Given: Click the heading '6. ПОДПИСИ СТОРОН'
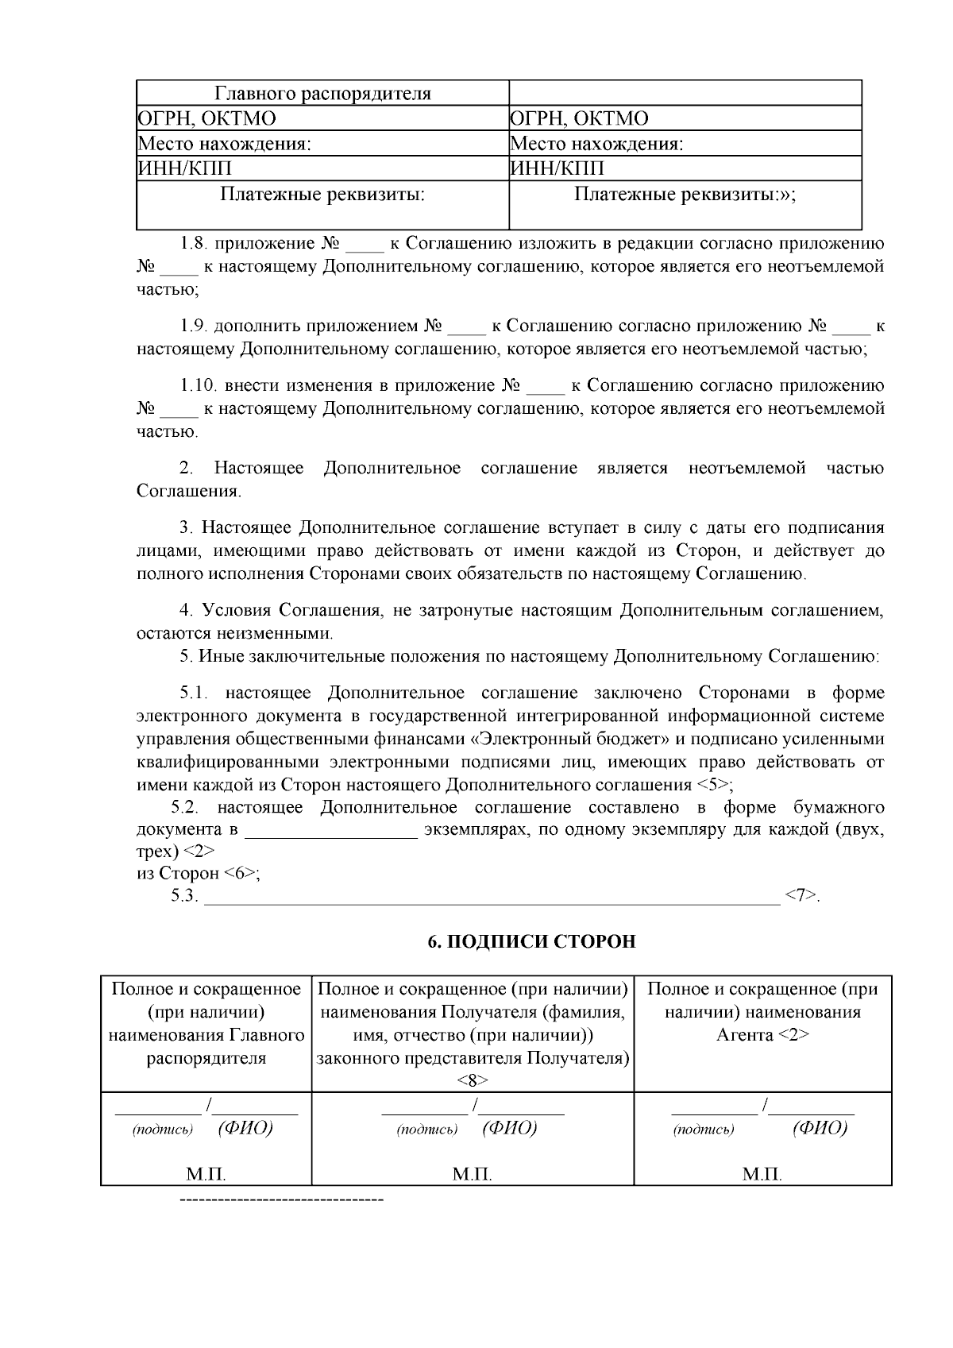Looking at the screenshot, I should pyautogui.click(x=531, y=942).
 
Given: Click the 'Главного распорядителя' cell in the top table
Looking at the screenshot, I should pyautogui.click(x=323, y=94).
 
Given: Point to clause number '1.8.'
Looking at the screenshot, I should pyautogui.click(x=193, y=243).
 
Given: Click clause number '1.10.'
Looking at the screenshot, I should pyautogui.click(x=199, y=386).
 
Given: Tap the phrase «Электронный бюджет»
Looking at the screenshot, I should pyautogui.click(x=570, y=740).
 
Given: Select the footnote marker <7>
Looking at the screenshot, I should pyautogui.click(x=801, y=896).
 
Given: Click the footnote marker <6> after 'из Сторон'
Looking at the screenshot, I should pyautogui.click(x=240, y=874).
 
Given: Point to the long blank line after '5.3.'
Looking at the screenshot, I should pyautogui.click(x=492, y=899).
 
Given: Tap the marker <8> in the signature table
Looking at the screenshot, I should pyautogui.click(x=473, y=1080).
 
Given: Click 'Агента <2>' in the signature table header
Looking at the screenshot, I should pyautogui.click(x=762, y=1035).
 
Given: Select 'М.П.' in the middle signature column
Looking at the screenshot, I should pyautogui.click(x=473, y=1174).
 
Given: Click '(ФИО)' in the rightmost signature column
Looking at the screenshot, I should pyautogui.click(x=819, y=1129).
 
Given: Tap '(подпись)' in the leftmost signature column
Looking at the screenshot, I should pyautogui.click(x=163, y=1130).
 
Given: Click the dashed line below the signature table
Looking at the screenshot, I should pyautogui.click(x=282, y=1198).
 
